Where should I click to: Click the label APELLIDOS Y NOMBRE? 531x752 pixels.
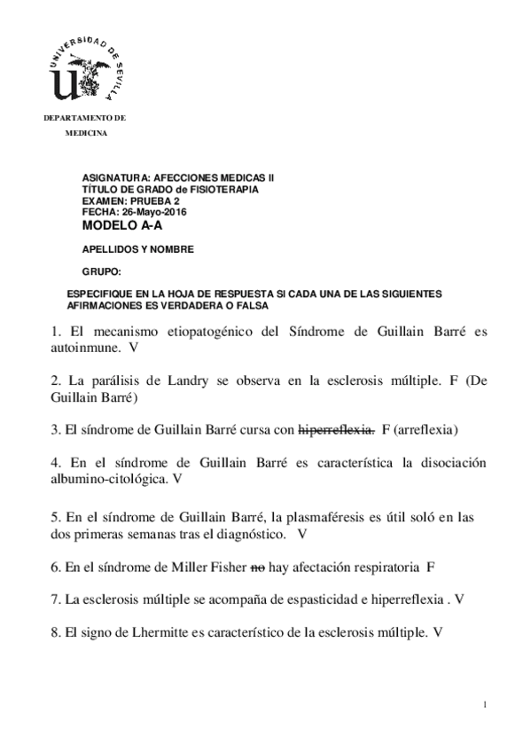(x=137, y=249)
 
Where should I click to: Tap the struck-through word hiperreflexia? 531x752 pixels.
(x=337, y=430)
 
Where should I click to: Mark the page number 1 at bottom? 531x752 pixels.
(x=487, y=704)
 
